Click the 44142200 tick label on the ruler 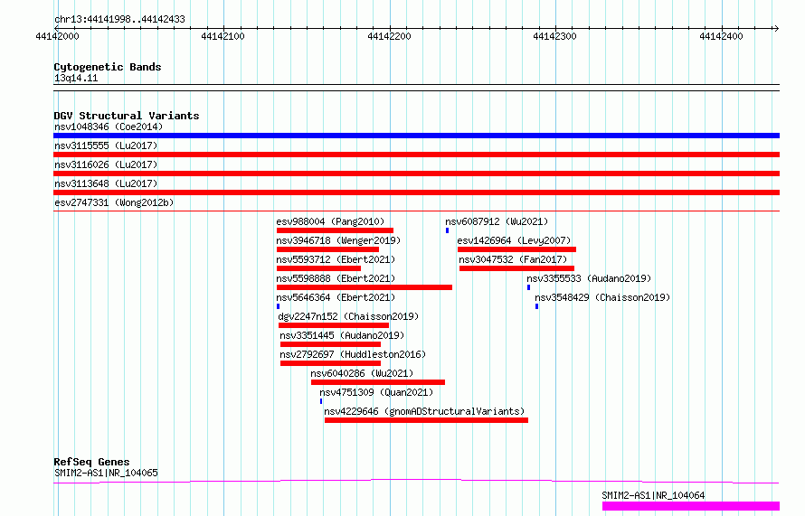389,36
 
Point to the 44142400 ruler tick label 721,36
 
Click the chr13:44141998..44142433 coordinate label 119,20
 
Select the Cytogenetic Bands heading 108,67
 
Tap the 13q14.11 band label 76,78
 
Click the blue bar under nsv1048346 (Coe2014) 416,136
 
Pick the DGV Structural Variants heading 127,116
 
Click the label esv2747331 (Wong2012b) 114,202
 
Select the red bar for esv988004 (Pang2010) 335,230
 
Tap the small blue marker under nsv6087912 447,230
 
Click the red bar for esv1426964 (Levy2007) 516,249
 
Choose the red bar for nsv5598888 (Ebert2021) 364,287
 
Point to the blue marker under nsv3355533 528,287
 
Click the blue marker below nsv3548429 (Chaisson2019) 536,306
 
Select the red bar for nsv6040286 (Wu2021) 378,382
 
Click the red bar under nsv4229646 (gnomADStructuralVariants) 426,420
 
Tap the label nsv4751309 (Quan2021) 376,392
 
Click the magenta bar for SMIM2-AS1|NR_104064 691,506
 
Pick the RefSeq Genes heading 91,462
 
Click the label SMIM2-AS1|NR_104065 106,473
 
